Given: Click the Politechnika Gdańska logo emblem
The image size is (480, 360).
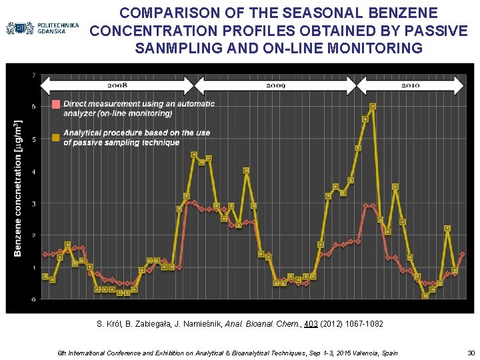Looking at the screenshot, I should pyautogui.click(x=20, y=29).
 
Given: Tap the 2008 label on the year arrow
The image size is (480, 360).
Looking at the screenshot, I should pyautogui.click(x=117, y=86).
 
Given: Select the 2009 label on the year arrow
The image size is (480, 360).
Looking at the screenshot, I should pyautogui.click(x=275, y=86).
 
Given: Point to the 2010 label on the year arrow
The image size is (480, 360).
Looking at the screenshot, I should pyautogui.click(x=411, y=86).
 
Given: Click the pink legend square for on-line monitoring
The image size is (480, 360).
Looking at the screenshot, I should pyautogui.click(x=56, y=104).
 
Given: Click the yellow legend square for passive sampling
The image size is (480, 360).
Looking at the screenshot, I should pyautogui.click(x=56, y=138).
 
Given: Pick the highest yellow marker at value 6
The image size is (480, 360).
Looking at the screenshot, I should pyautogui.click(x=373, y=106).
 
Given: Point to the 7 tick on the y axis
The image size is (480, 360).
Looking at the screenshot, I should pyautogui.click(x=35, y=75).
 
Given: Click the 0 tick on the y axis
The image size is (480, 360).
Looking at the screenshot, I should pyautogui.click(x=35, y=299).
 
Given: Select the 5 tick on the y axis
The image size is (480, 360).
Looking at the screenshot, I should pyautogui.click(x=35, y=139).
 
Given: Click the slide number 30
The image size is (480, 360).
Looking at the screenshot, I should pyautogui.click(x=471, y=353).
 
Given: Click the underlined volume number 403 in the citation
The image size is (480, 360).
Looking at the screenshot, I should pyautogui.click(x=310, y=324).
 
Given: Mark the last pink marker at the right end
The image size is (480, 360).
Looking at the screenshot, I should pyautogui.click(x=462, y=254).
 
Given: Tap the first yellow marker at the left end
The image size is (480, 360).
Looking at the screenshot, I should pyautogui.click(x=45, y=276).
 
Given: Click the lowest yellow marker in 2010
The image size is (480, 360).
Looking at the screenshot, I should pyautogui.click(x=425, y=296).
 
